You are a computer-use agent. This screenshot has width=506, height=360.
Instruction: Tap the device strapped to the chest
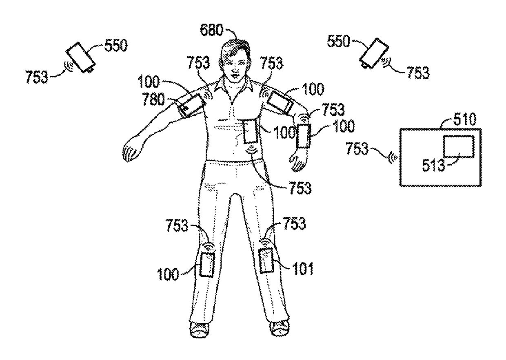click(249, 131)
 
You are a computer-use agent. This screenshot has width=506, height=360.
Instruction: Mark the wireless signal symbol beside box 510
click(393, 157)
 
